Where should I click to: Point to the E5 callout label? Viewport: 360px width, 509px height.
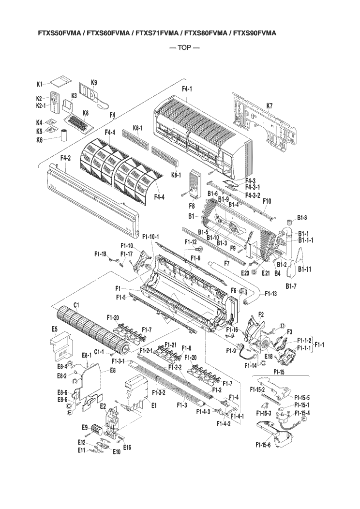pyautogui.click(x=54, y=329)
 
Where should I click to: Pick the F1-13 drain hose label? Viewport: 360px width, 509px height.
pyautogui.click(x=271, y=294)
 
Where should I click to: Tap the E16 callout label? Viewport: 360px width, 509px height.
pyautogui.click(x=127, y=448)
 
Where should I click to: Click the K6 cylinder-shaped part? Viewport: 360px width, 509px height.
pyautogui.click(x=63, y=134)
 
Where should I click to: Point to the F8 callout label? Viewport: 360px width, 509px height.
pyautogui.click(x=191, y=205)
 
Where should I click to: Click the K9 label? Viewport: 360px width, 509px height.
pyautogui.click(x=94, y=83)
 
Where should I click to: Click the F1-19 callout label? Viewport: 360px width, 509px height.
pyautogui.click(x=100, y=254)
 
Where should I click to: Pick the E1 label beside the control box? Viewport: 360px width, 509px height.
pyautogui.click(x=154, y=405)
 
